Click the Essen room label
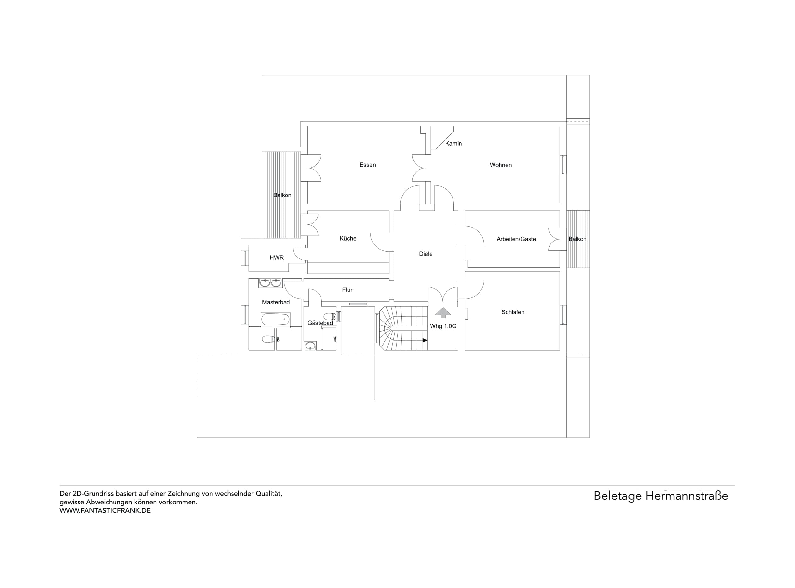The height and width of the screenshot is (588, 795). click(367, 165)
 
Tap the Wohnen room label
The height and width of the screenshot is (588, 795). click(501, 165)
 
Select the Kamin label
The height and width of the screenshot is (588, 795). click(453, 143)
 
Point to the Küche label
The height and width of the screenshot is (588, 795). click(348, 238)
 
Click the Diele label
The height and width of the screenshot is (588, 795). click(426, 254)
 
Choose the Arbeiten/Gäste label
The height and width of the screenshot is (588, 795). click(516, 239)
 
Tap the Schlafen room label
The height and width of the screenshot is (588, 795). click(513, 312)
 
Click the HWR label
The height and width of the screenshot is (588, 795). click(277, 258)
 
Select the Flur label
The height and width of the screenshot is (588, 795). click(347, 290)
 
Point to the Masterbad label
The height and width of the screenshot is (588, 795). click(276, 302)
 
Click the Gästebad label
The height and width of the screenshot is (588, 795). click(320, 323)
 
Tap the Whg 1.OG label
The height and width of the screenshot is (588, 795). click(443, 326)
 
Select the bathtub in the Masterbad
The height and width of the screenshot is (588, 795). click(276, 319)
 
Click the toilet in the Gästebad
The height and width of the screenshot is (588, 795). click(330, 316)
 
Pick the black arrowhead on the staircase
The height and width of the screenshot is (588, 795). click(425, 340)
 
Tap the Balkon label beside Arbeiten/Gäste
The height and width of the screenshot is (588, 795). click(577, 239)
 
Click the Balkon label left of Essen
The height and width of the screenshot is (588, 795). click(282, 195)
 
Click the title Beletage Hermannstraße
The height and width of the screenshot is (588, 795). click(660, 496)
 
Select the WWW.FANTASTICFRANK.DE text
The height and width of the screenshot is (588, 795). click(105, 510)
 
